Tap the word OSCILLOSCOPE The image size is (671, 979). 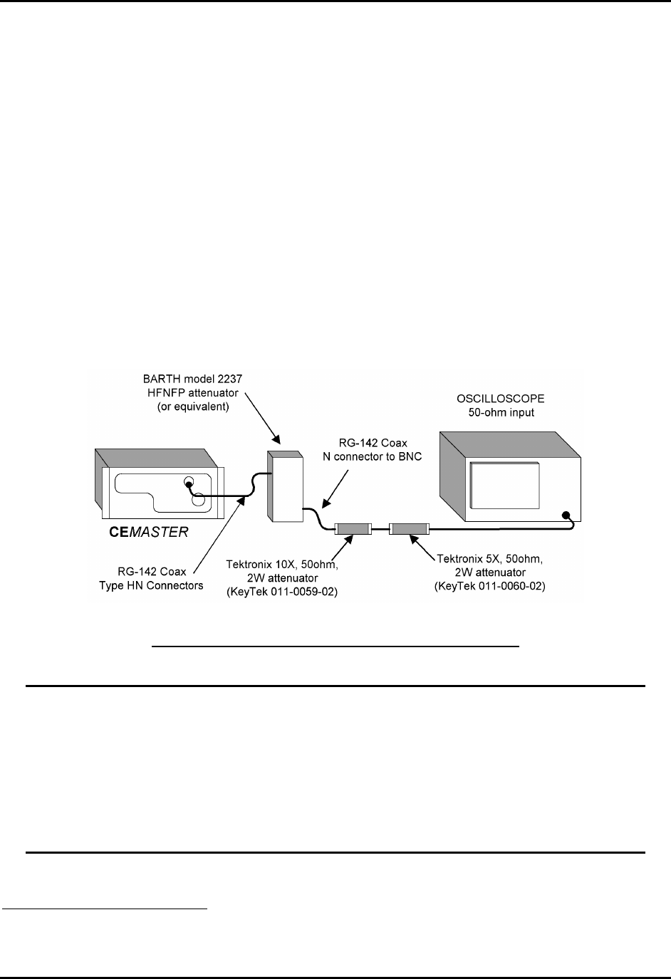click(x=496, y=398)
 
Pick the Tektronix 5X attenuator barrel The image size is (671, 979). click(x=409, y=529)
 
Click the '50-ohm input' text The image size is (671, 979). click(x=496, y=412)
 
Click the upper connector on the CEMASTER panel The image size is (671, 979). click(x=189, y=482)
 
